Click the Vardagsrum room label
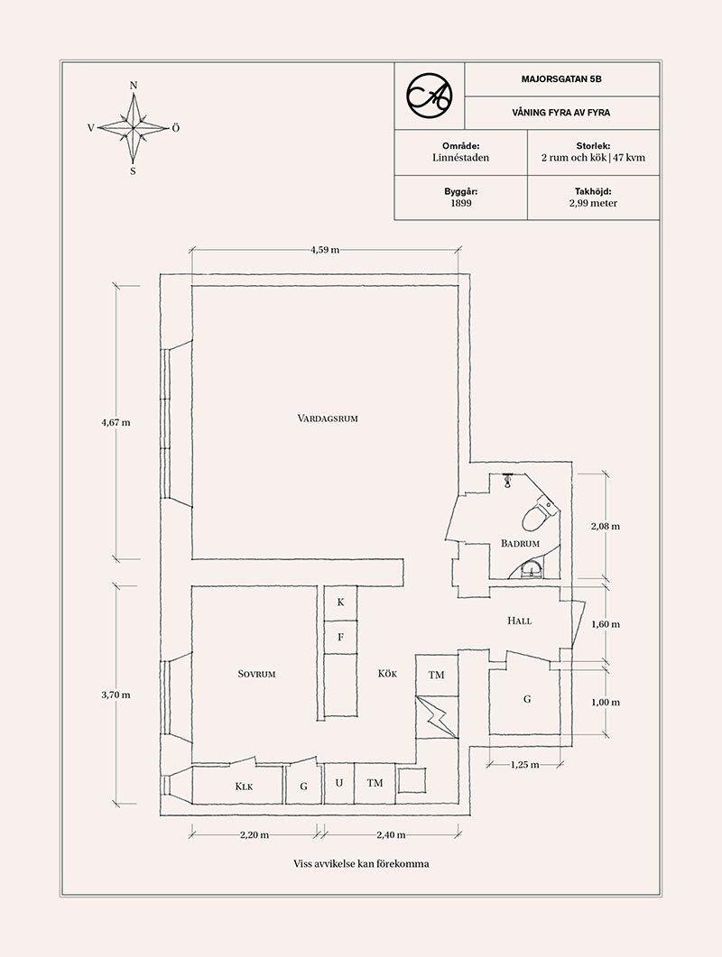pyautogui.click(x=328, y=419)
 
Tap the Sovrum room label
pyautogui.click(x=256, y=674)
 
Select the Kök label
pyautogui.click(x=387, y=673)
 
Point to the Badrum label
pyautogui.click(x=520, y=543)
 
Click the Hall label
pyautogui.click(x=519, y=621)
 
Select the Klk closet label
pyautogui.click(x=244, y=787)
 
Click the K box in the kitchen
pyautogui.click(x=340, y=603)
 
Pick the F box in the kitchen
pyautogui.click(x=340, y=637)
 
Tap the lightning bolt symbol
pyautogui.click(x=437, y=717)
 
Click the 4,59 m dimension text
pyautogui.click(x=325, y=250)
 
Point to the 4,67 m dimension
pyautogui.click(x=116, y=422)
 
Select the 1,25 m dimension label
pyautogui.click(x=524, y=764)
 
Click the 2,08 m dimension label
pyautogui.click(x=605, y=526)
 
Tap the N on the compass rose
pyautogui.click(x=134, y=86)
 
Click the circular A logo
pyautogui.click(x=430, y=95)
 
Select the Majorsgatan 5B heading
pyautogui.click(x=561, y=78)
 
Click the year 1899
pyautogui.click(x=461, y=203)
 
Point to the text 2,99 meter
pyautogui.click(x=593, y=203)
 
